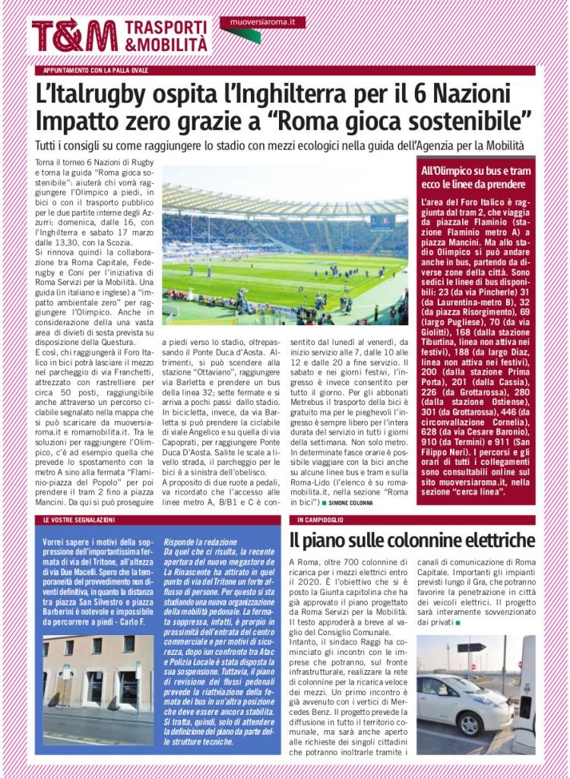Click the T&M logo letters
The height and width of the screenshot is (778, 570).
pyautogui.click(x=74, y=36)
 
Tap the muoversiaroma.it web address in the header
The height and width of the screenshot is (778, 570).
pyautogui.click(x=261, y=24)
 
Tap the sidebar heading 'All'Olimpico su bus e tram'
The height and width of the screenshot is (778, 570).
pyautogui.click(x=477, y=171)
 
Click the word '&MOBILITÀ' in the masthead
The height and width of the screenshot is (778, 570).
pyautogui.click(x=165, y=45)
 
